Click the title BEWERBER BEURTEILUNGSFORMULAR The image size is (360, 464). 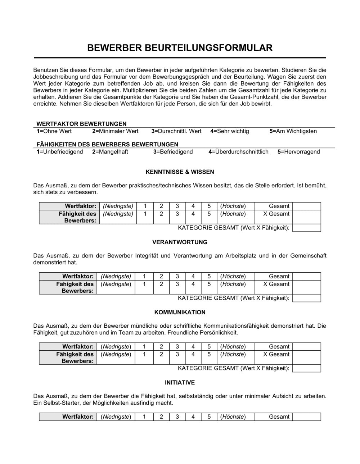coord(180,48)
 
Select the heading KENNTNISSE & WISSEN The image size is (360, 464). coord(180,172)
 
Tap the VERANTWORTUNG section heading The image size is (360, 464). coord(180,242)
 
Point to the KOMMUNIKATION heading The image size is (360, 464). coord(180,312)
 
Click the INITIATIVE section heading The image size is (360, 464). coord(180,382)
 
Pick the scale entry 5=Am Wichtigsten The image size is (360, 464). coord(293,131)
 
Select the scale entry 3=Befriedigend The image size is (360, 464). coord(173,152)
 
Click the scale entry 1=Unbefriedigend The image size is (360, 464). coord(60,152)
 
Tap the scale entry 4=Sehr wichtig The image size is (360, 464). coord(230,131)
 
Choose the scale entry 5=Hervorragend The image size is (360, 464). coord(298,152)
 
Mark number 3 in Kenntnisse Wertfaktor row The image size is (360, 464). coord(177,206)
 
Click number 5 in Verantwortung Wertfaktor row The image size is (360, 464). coord(209,276)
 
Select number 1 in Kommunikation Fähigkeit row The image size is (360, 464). coord(144,354)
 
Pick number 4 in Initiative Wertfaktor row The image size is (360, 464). coord(193,417)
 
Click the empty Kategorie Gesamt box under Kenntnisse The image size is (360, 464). coord(306,228)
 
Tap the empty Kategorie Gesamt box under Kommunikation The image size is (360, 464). coord(306,368)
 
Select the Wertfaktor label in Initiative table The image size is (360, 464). coord(78,417)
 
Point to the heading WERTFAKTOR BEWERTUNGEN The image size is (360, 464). coord(81,124)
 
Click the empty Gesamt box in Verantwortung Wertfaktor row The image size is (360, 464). coord(306,276)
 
